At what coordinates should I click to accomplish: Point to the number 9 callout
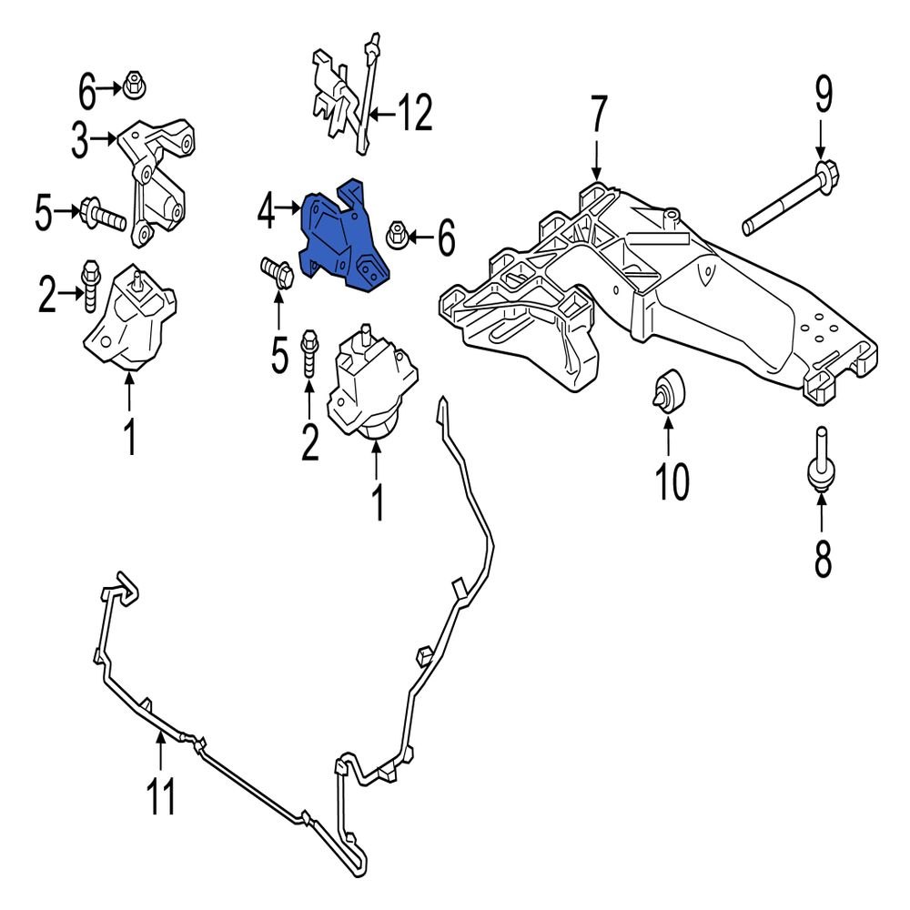point(822,95)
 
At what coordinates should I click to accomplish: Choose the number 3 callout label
point(83,141)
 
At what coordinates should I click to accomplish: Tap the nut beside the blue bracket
point(397,237)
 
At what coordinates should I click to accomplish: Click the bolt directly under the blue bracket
point(275,270)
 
